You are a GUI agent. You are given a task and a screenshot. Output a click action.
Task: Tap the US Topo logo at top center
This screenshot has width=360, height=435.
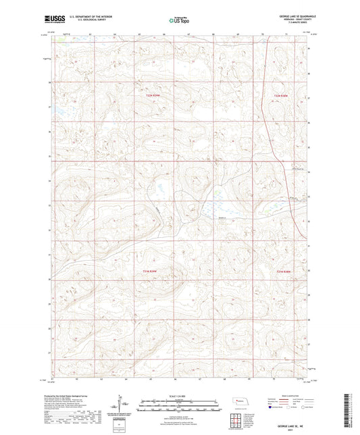(x=177, y=21)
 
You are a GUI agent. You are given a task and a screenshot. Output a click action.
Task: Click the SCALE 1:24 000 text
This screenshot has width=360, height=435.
(x=180, y=394)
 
